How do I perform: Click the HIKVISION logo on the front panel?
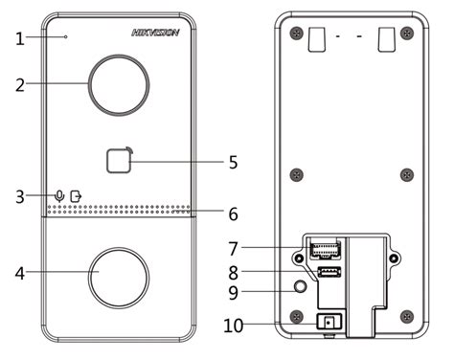155,33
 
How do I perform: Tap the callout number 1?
20,39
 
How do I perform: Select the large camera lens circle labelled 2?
119,85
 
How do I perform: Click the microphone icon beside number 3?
59,196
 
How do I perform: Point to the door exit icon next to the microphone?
76,196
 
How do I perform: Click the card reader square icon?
119,161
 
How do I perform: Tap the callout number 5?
234,162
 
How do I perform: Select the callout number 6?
234,214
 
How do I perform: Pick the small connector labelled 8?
329,272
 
